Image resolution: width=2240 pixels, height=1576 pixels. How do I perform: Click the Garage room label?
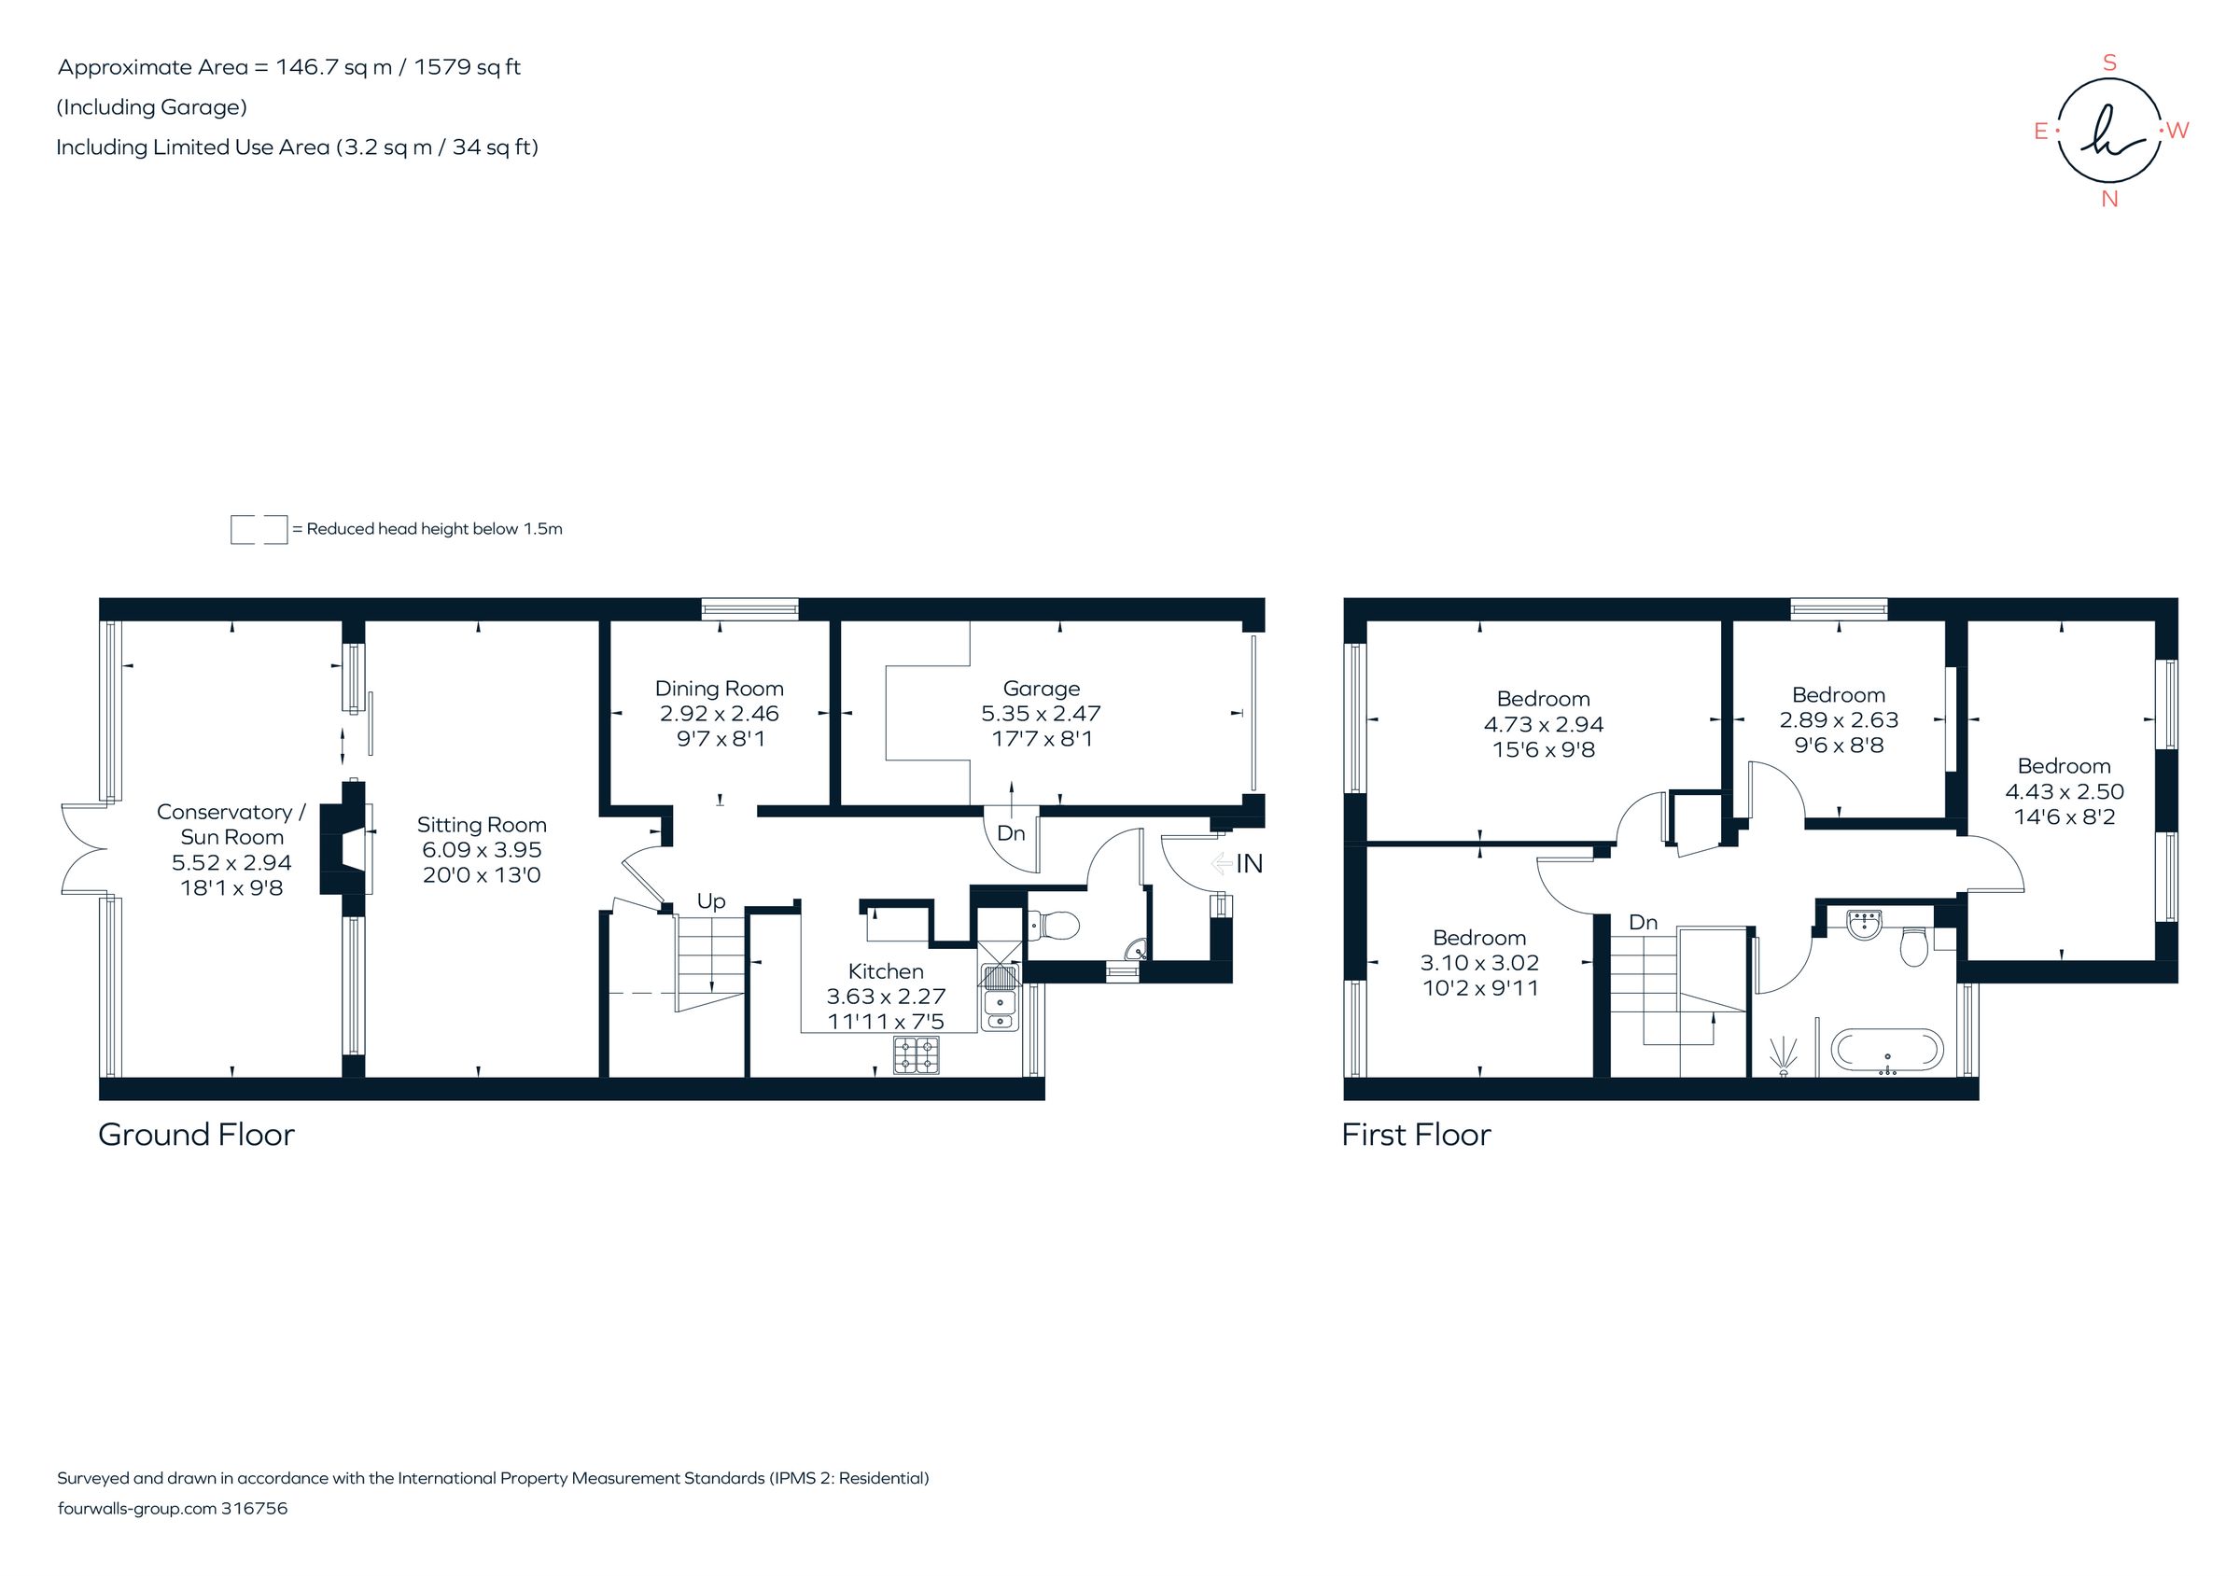[1041, 689]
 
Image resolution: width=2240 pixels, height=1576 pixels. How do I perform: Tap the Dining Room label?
[719, 689]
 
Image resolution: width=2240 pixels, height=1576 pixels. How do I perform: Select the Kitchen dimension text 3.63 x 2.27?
[886, 997]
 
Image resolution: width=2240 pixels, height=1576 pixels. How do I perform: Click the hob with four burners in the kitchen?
[917, 1054]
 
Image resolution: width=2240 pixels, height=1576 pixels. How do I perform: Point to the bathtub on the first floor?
[1887, 1051]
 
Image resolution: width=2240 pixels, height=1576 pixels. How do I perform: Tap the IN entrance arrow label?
[1248, 864]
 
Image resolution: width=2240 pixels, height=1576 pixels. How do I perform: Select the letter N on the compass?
[2109, 200]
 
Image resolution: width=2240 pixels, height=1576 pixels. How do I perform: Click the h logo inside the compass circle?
[2108, 131]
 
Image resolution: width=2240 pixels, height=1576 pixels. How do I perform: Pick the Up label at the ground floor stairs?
[711, 901]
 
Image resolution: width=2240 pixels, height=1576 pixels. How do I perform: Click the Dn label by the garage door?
[1011, 833]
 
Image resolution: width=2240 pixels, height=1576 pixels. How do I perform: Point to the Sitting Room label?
[481, 825]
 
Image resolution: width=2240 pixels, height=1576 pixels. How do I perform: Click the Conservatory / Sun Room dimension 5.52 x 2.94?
[231, 862]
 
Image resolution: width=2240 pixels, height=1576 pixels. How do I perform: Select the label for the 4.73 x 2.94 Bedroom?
[1543, 699]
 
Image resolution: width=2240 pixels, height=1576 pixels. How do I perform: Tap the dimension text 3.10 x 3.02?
[1479, 963]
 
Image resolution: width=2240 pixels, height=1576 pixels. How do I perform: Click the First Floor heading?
[1416, 1135]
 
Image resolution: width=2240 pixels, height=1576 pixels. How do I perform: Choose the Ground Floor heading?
[196, 1135]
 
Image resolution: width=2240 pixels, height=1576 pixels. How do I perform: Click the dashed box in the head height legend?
[259, 530]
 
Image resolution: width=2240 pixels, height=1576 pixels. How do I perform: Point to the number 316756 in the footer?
[255, 1508]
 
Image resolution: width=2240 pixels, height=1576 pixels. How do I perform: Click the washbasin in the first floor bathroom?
[1864, 925]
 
